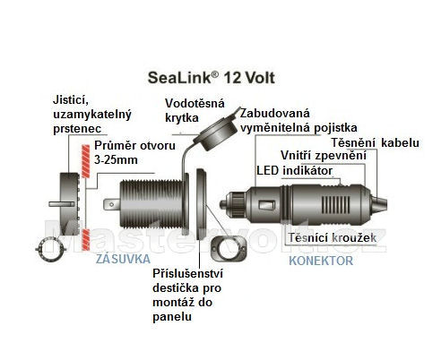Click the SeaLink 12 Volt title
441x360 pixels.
coord(212,78)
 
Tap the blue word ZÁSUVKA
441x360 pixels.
coord(123,259)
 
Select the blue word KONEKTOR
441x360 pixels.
coord(321,261)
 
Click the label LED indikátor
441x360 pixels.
coord(295,171)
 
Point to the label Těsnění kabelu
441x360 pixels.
coord(376,142)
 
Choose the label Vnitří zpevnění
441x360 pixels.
coord(324,156)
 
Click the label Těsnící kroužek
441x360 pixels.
coord(333,238)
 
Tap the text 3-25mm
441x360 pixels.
coord(116,160)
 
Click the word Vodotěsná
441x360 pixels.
coord(195,103)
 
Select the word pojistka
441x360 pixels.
coord(335,128)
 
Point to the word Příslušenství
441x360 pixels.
coord(187,273)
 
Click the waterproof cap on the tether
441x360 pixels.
coord(218,133)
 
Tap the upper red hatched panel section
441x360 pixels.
coord(86,161)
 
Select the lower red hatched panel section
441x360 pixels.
coord(86,239)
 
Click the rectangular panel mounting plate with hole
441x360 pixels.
coord(229,248)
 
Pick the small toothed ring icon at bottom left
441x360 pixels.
coord(49,249)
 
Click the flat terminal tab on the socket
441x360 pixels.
coord(112,205)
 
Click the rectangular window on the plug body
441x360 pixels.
coord(267,205)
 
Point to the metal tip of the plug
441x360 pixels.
coord(223,204)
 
